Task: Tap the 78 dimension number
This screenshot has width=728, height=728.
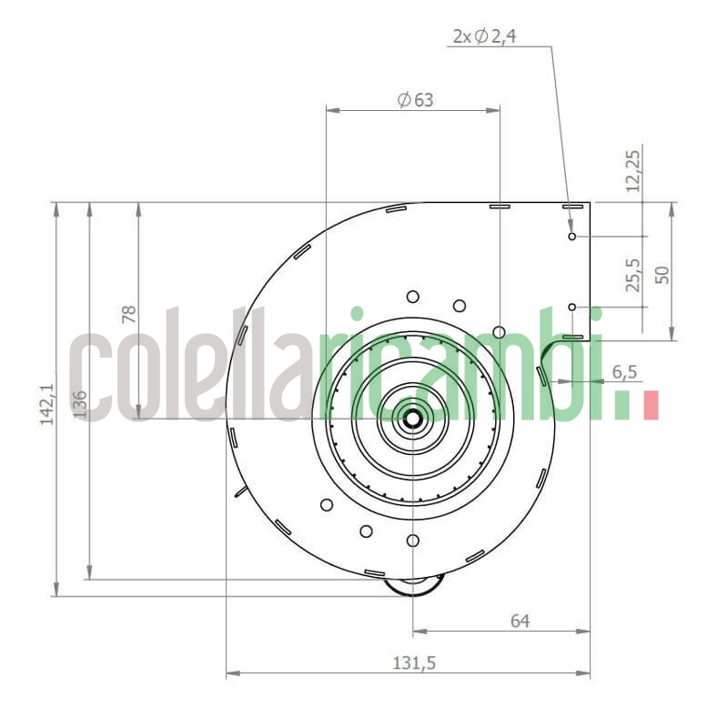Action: pos(129,314)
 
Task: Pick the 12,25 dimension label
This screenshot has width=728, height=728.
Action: pos(633,170)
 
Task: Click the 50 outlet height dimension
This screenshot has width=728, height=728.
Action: pos(662,273)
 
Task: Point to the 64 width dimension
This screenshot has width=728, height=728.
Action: pos(520,622)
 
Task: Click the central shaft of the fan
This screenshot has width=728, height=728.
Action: pos(413,419)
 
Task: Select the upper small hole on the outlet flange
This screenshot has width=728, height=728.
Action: pos(571,237)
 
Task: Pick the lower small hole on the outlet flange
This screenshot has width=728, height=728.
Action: pos(571,308)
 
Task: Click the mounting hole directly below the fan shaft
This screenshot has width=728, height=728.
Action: pos(413,541)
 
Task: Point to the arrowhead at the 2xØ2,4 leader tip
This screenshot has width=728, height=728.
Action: pos(570,225)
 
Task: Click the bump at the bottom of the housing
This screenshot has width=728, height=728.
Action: pos(414,586)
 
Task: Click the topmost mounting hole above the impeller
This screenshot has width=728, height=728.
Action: pos(413,296)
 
